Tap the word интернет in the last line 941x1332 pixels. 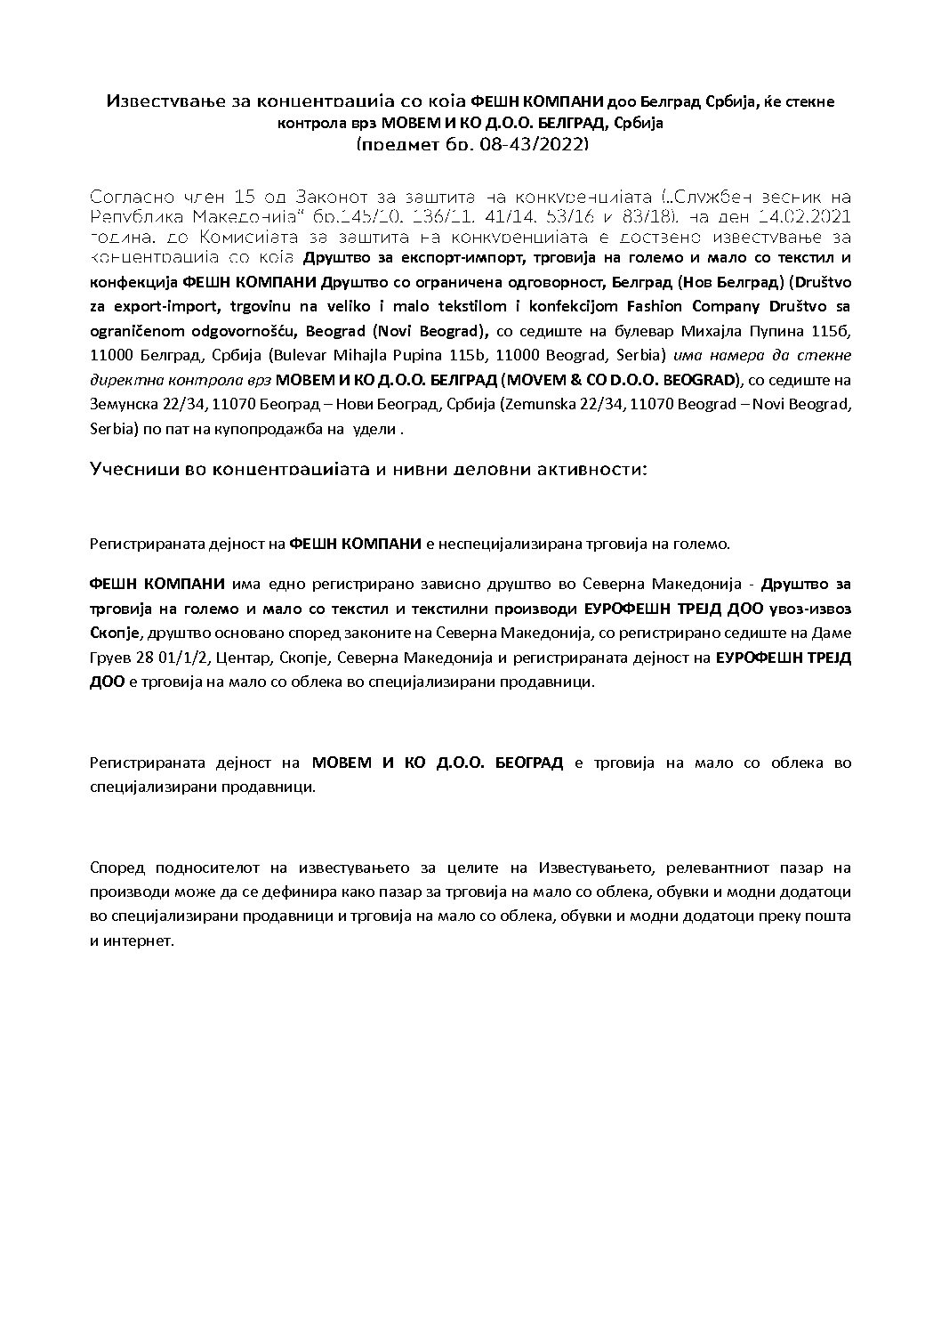[x=138, y=940]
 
